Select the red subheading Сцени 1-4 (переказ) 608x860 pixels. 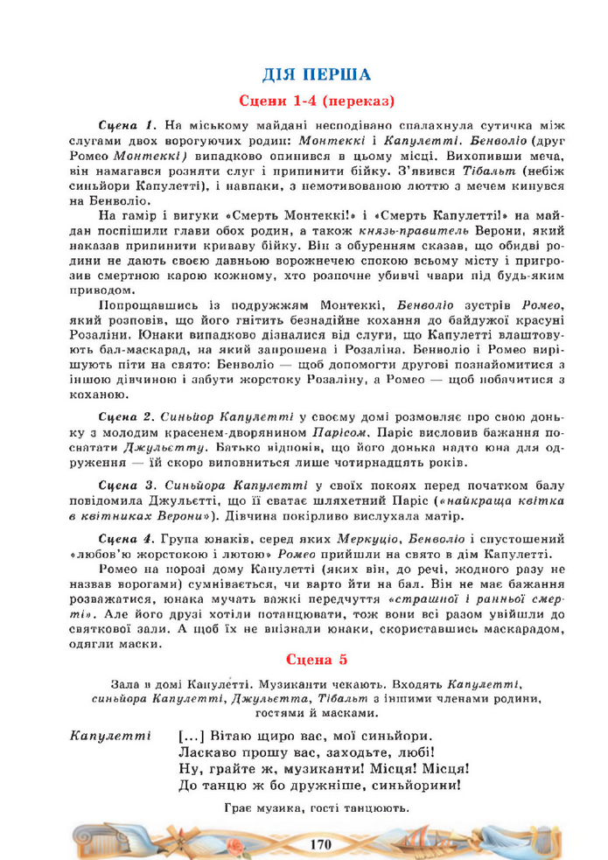[x=317, y=100]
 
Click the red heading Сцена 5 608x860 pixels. [x=317, y=658]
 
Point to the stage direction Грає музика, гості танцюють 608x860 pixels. [x=317, y=808]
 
